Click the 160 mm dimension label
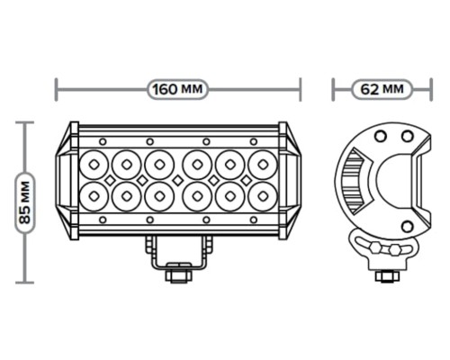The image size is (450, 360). (x=177, y=89)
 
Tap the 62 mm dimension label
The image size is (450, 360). (x=382, y=89)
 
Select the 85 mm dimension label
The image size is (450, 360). (x=25, y=202)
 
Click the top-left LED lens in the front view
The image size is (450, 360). (x=94, y=165)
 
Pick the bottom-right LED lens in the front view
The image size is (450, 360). (x=263, y=196)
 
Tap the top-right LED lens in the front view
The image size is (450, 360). (x=263, y=165)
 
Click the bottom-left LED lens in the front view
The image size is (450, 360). (x=94, y=196)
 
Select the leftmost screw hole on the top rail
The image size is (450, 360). (x=103, y=141)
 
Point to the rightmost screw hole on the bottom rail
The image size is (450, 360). (x=254, y=220)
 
